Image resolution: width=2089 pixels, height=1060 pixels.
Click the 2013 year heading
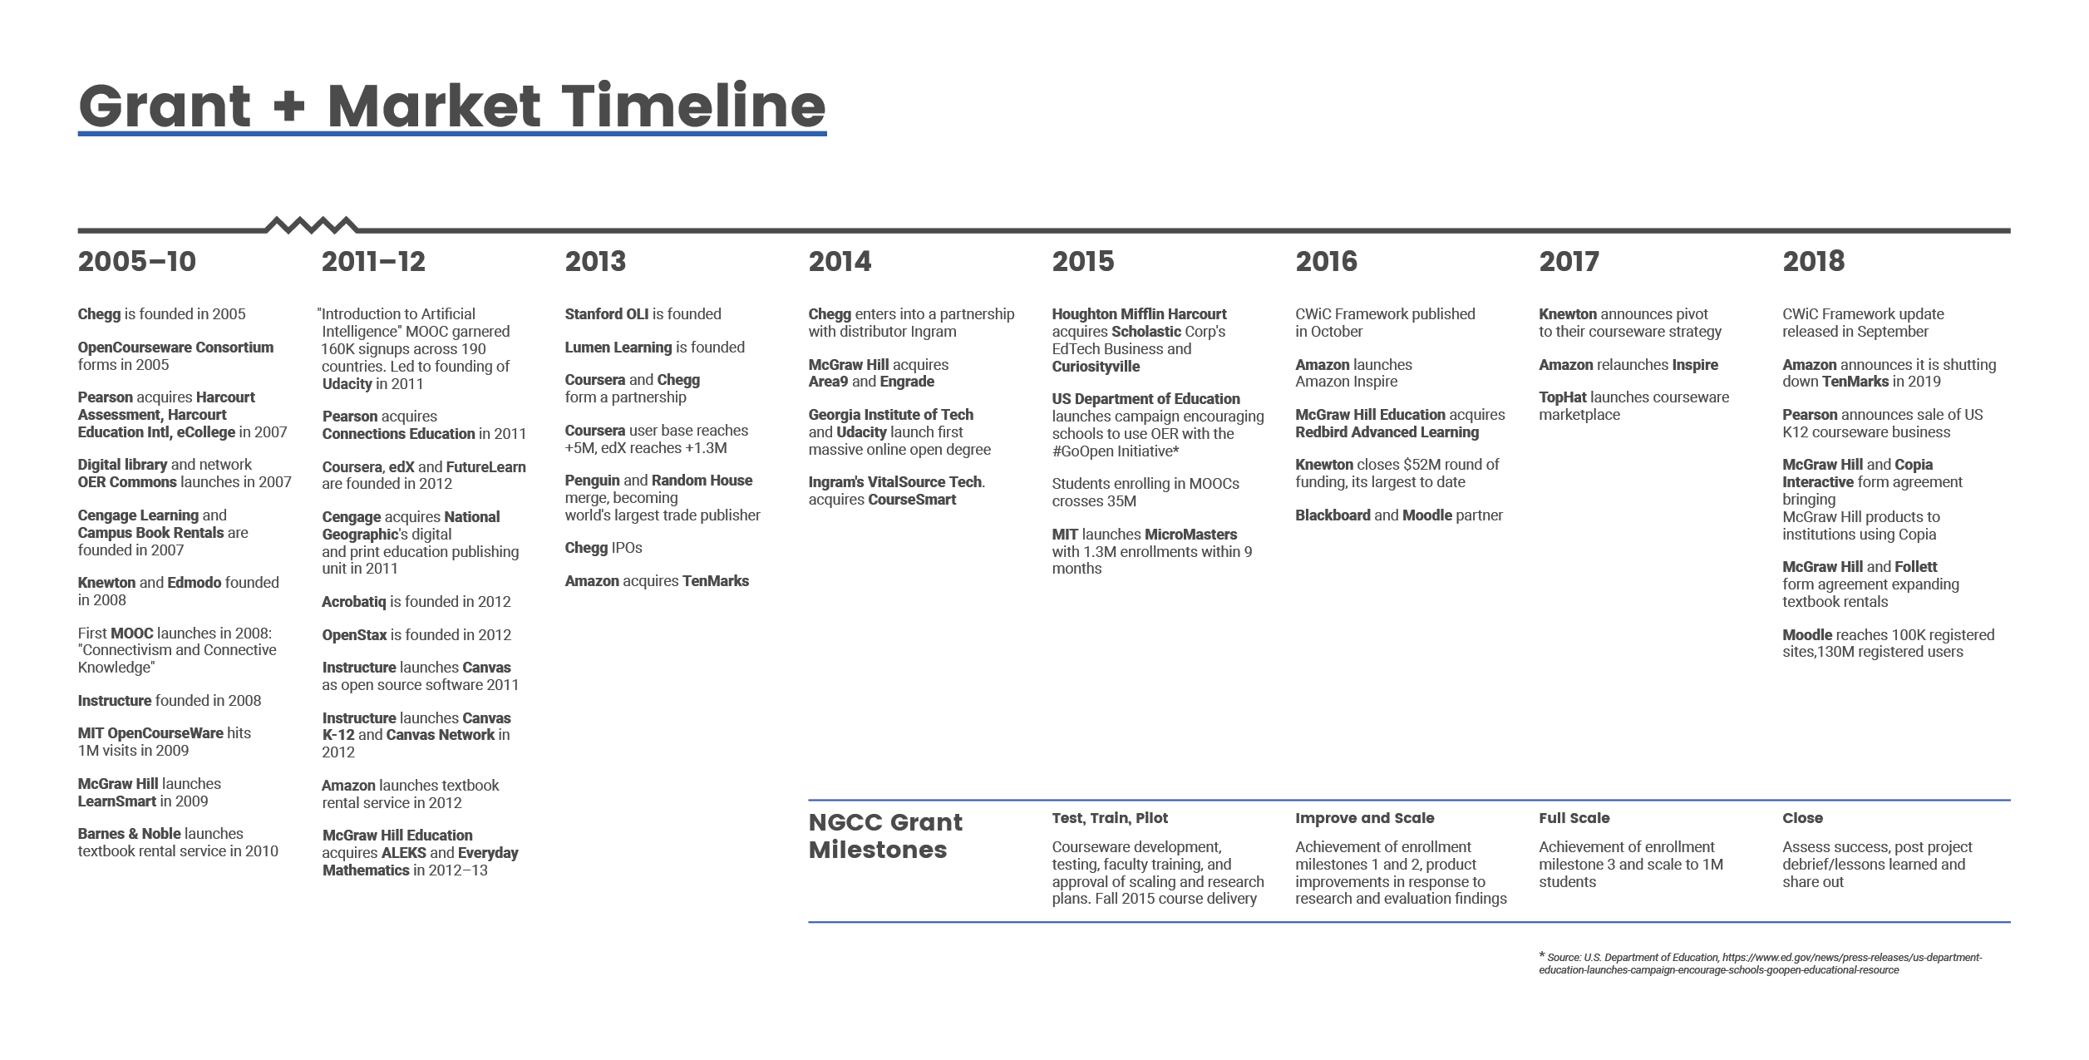[x=595, y=261]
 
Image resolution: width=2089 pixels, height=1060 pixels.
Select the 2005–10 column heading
[x=137, y=261]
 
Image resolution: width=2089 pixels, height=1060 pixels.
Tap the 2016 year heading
[x=1326, y=261]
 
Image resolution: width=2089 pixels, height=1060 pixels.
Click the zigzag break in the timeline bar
[x=312, y=224]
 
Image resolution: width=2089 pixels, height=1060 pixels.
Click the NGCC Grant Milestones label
[x=885, y=836]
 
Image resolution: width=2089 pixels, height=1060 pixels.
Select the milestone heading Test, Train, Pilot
[x=1110, y=818]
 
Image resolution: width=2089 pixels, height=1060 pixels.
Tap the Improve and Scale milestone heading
[x=1365, y=818]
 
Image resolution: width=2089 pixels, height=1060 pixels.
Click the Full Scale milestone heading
[x=1574, y=818]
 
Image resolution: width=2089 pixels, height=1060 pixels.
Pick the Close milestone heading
[x=1802, y=818]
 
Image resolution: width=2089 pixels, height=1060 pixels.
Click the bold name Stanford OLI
[x=607, y=314]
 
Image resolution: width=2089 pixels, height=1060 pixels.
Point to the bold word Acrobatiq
[x=354, y=602]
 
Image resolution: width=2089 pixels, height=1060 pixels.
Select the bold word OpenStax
[x=355, y=635]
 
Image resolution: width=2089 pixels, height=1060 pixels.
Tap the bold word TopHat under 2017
[x=1563, y=397]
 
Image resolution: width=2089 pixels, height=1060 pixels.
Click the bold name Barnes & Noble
[x=129, y=834]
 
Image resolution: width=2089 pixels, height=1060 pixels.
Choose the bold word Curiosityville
[x=1096, y=367]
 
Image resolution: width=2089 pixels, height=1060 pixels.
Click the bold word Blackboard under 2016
[x=1333, y=515]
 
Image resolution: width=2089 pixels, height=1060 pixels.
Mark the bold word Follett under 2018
[x=1915, y=567]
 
